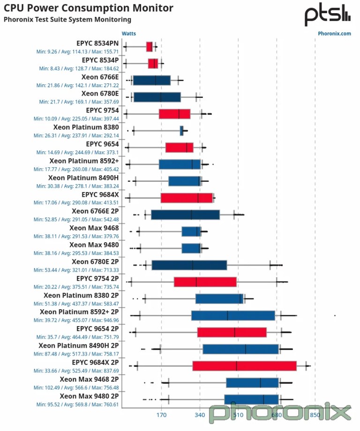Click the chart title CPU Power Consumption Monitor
click(89, 8)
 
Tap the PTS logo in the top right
click(327, 15)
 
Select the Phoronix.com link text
click(334, 34)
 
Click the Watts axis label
click(129, 34)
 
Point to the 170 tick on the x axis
click(162, 415)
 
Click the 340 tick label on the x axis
click(200, 415)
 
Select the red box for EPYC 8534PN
click(150, 46)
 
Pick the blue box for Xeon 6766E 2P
click(185, 215)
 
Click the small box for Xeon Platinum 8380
click(181, 131)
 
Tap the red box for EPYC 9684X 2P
click(244, 366)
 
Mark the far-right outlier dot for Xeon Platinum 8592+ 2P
click(335, 315)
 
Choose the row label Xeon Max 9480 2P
click(89, 396)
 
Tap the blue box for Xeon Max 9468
click(191, 231)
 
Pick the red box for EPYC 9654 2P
click(232, 332)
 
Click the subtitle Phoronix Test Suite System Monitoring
click(67, 20)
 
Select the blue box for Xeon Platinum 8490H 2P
click(240, 349)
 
